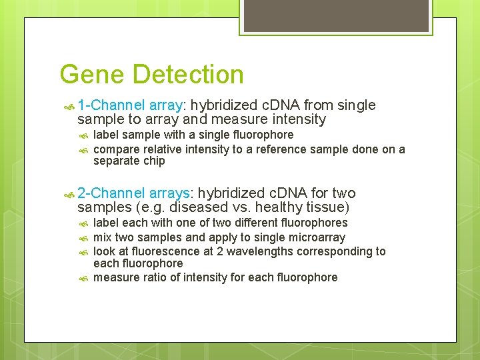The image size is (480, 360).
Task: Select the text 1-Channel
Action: pyautogui.click(x=111, y=105)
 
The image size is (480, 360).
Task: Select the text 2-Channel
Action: pyautogui.click(x=111, y=193)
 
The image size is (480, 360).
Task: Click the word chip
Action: pyautogui.click(x=153, y=161)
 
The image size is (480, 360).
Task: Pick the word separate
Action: pyautogui.click(x=116, y=161)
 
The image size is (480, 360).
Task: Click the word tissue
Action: pyautogui.click(x=325, y=207)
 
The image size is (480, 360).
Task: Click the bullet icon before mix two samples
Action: pyautogui.click(x=84, y=237)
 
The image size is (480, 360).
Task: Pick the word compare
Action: pyautogui.click(x=116, y=149)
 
